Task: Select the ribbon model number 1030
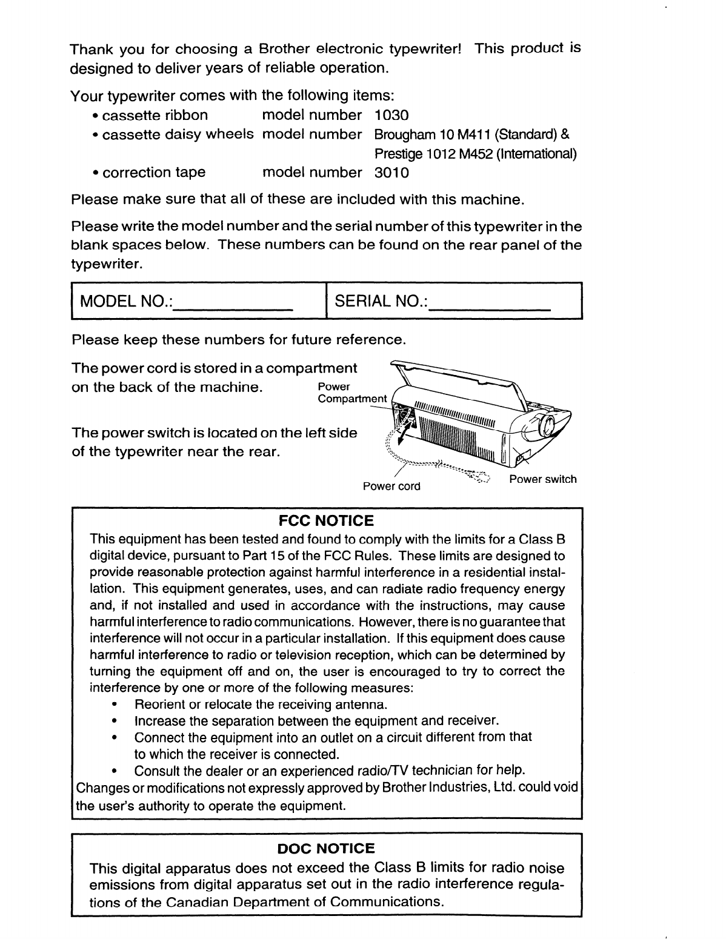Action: pyautogui.click(x=392, y=115)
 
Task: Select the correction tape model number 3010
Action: pyautogui.click(x=392, y=173)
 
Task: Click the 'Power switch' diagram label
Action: pyautogui.click(x=542, y=479)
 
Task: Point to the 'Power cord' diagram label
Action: pyautogui.click(x=391, y=486)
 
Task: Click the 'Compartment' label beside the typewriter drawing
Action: pyautogui.click(x=351, y=399)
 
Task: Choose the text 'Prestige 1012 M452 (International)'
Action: pyautogui.click(x=476, y=154)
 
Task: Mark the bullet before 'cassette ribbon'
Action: pyautogui.click(x=96, y=116)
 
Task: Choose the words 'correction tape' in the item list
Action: pyautogui.click(x=154, y=173)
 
